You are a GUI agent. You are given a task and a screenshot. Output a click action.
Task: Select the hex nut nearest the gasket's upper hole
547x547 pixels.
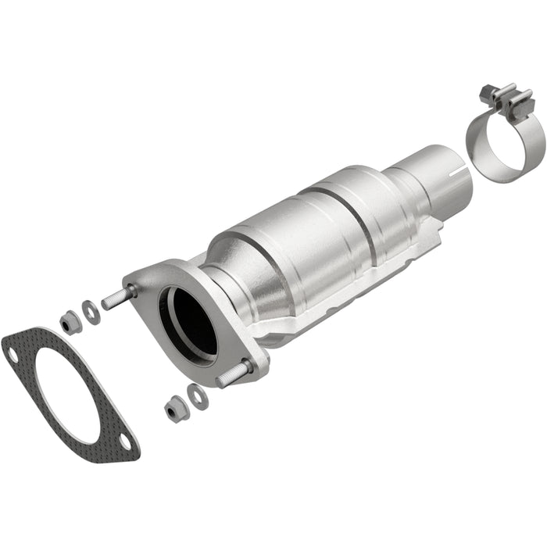(70, 321)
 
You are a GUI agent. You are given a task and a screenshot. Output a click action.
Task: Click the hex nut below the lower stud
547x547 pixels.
(174, 407)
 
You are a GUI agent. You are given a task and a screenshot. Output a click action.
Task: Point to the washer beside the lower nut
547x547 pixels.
(198, 396)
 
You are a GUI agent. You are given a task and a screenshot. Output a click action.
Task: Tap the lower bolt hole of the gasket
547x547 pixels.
(124, 443)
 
